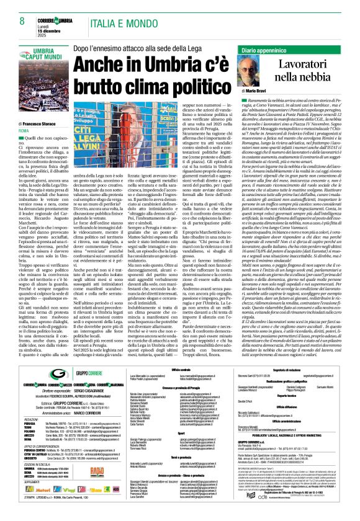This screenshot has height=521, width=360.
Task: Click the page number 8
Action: click(22, 22)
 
